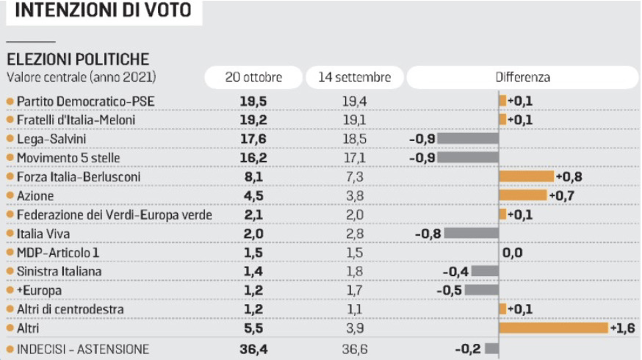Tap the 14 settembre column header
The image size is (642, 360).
pyautogui.click(x=354, y=76)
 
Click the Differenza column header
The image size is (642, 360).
pyautogui.click(x=522, y=76)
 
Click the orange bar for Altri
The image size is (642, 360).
pyautogui.click(x=554, y=327)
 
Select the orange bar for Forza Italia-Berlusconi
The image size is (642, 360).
pyautogui.click(x=527, y=176)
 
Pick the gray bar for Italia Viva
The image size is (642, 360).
pyautogui.click(x=470, y=233)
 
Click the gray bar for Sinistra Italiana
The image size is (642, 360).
pyautogui.click(x=485, y=270)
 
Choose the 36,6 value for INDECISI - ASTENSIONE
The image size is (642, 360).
pyautogui.click(x=353, y=348)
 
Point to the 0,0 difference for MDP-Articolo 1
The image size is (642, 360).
pyautogui.click(x=512, y=252)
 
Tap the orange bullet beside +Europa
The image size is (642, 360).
pyautogui.click(x=10, y=289)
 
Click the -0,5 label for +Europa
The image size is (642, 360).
pyautogui.click(x=448, y=289)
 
